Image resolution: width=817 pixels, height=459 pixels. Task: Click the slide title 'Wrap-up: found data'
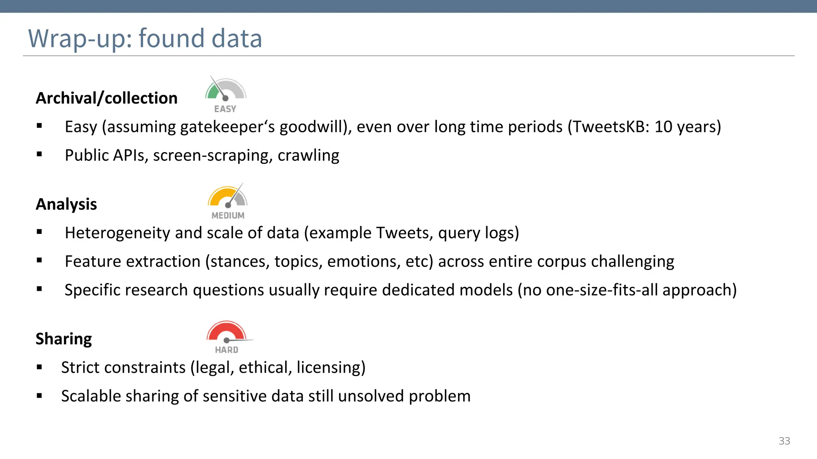pos(145,39)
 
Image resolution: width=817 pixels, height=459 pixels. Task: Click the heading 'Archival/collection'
pos(107,98)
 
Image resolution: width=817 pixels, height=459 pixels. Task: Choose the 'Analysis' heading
pos(66,204)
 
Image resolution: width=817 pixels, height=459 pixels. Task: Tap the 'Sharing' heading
pos(64,339)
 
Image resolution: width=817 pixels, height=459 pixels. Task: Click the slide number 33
pos(784,441)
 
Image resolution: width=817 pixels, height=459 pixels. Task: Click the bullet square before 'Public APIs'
pos(39,155)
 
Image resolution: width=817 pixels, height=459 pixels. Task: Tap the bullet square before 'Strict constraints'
pos(39,367)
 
